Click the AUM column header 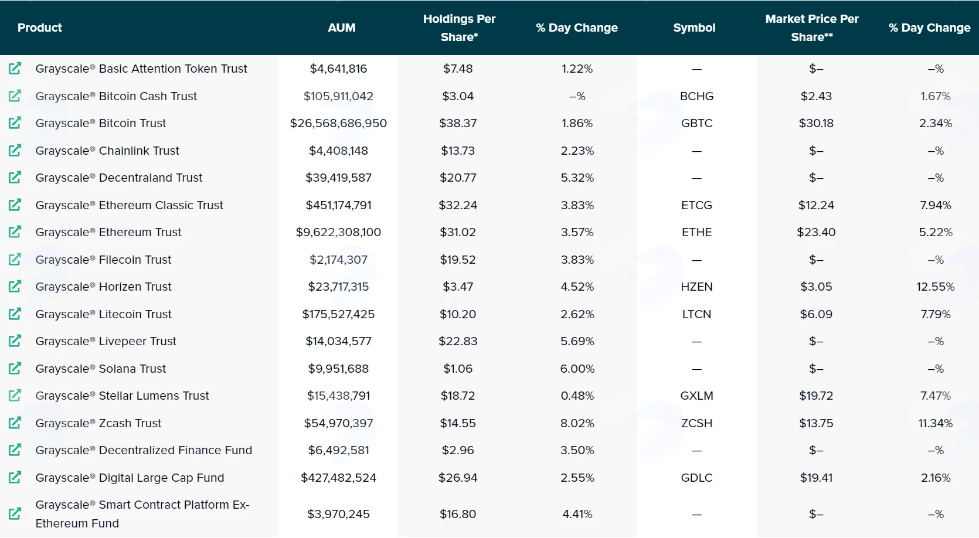tap(341, 28)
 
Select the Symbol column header tap(694, 28)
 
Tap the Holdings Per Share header tap(459, 28)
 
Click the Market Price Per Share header tap(811, 28)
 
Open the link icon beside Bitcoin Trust tap(15, 123)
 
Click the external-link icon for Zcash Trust tap(15, 423)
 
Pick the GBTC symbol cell tap(696, 123)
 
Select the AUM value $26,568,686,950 tap(338, 123)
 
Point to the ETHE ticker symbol tap(696, 232)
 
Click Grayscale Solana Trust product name tap(100, 369)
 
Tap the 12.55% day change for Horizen tap(935, 287)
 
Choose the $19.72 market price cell tap(816, 396)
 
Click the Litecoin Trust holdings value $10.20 tap(458, 314)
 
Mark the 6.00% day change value tap(577, 369)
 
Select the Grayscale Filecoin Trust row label tap(103, 260)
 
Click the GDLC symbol tap(696, 478)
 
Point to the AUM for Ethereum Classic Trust tap(338, 205)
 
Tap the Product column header tap(40, 28)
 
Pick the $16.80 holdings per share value tap(458, 514)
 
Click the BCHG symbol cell tap(696, 96)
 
